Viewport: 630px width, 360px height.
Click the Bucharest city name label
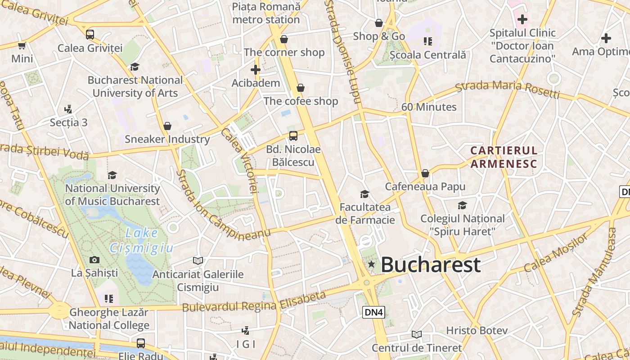pos(431,265)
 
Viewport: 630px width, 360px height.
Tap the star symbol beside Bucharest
pos(371,264)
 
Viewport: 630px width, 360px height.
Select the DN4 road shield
pos(374,312)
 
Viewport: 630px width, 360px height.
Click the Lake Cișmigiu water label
pos(142,240)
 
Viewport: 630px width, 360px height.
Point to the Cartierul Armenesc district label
pos(504,157)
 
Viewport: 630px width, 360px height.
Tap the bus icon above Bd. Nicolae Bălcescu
pos(293,135)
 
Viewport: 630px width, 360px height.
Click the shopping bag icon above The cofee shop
pos(300,88)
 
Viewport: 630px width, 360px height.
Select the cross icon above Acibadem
pos(256,70)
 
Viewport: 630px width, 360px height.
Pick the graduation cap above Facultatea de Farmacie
pos(365,194)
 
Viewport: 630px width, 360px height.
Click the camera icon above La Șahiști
pos(94,260)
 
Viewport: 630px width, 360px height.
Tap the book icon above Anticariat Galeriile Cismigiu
pos(198,261)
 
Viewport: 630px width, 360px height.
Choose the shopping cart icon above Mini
pos(22,45)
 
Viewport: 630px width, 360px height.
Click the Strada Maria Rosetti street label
pos(508,89)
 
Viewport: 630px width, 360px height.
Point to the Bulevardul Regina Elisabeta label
pos(254,302)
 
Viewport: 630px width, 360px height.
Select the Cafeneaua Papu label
pos(425,186)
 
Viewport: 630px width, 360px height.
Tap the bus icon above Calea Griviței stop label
pos(90,34)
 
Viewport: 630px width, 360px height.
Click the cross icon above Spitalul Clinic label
pos(522,19)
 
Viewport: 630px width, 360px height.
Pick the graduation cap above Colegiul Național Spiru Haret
pos(462,206)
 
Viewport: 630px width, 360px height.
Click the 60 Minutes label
pos(429,107)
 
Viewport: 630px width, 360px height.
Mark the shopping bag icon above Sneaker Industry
pos(167,126)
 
